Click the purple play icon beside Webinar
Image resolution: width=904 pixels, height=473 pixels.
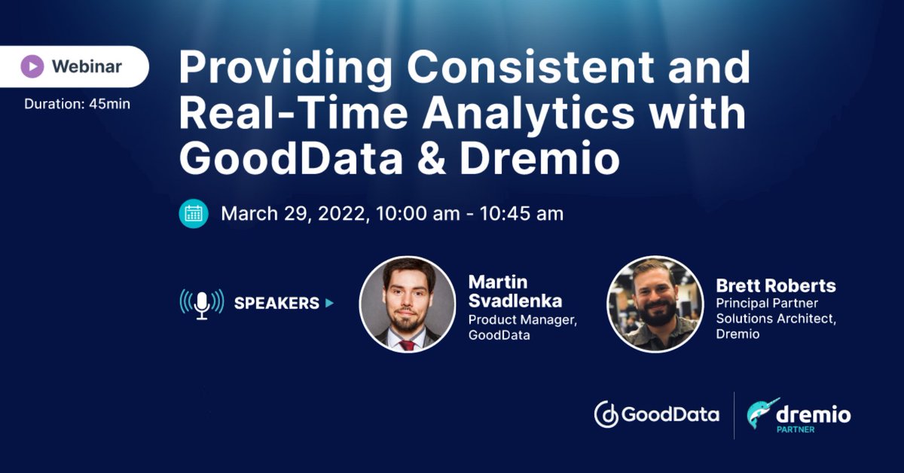point(32,66)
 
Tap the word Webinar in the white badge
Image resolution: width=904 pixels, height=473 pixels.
point(87,66)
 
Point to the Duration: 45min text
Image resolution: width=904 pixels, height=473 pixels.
point(77,104)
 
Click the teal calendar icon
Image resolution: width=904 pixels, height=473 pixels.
point(194,213)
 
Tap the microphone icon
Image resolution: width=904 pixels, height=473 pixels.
point(202,303)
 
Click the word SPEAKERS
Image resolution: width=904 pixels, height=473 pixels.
point(276,304)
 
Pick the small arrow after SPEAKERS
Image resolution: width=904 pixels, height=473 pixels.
point(329,304)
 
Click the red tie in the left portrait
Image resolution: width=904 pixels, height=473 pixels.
point(408,343)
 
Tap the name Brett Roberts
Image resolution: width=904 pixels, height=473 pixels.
point(776,286)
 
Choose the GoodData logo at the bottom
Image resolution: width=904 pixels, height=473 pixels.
point(656,414)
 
